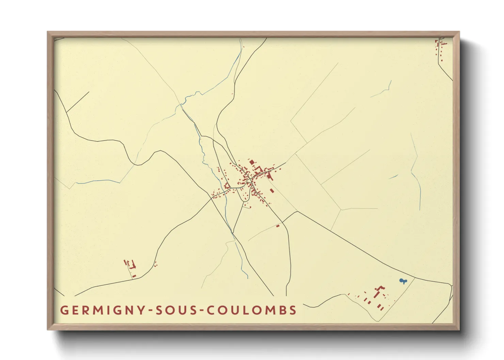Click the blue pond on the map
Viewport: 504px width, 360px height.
(x=403, y=281)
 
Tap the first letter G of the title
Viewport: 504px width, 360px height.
(x=64, y=310)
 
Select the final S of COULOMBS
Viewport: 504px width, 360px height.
(x=293, y=310)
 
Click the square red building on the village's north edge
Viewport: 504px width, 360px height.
(x=252, y=162)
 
